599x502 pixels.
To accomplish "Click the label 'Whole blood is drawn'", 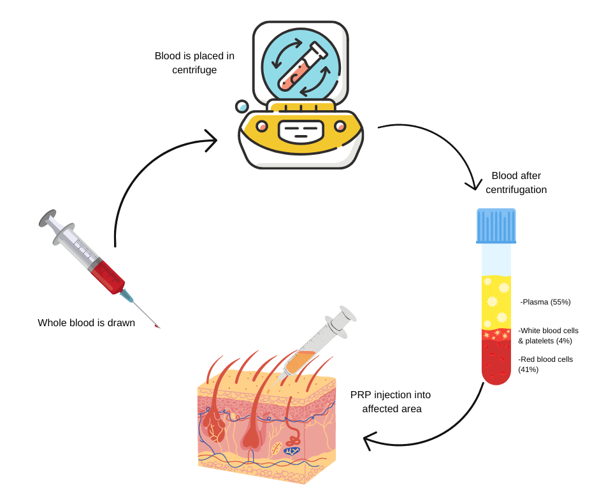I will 86,323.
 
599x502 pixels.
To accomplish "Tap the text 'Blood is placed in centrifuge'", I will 194,62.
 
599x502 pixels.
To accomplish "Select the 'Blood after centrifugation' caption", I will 516,182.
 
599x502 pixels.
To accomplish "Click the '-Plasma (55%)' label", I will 545,301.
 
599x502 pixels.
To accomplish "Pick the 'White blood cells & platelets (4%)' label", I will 548,336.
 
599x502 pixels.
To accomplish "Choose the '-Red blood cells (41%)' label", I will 545,364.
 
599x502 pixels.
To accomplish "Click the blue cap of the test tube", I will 496,226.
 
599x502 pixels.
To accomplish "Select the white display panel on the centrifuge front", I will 301,131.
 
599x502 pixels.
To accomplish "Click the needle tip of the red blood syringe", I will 157,327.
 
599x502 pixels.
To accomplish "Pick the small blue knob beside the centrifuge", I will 243,106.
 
